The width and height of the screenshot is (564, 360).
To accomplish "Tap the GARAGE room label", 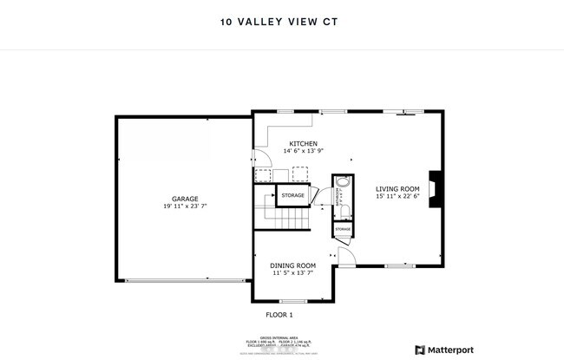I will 185,199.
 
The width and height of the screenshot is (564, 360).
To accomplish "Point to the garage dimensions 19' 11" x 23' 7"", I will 185,206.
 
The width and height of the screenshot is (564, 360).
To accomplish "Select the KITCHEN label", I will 303,144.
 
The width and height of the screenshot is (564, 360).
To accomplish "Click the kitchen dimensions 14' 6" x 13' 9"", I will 303,152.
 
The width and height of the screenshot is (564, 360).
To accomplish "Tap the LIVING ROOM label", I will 397,188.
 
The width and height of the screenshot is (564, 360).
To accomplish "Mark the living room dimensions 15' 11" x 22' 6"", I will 397,196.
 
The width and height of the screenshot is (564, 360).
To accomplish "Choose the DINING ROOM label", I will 292,265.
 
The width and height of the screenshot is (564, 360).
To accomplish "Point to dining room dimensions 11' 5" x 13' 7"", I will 292,273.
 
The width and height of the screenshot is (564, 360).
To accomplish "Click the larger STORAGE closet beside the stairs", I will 293,196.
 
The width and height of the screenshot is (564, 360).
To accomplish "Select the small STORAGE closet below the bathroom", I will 343,229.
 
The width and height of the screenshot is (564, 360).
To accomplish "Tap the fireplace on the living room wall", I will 441,185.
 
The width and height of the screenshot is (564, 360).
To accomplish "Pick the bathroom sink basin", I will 342,183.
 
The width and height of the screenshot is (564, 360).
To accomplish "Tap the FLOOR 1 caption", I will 279,314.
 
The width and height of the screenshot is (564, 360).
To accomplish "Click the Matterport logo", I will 444,350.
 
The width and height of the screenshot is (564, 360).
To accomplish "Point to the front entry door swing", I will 346,258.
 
